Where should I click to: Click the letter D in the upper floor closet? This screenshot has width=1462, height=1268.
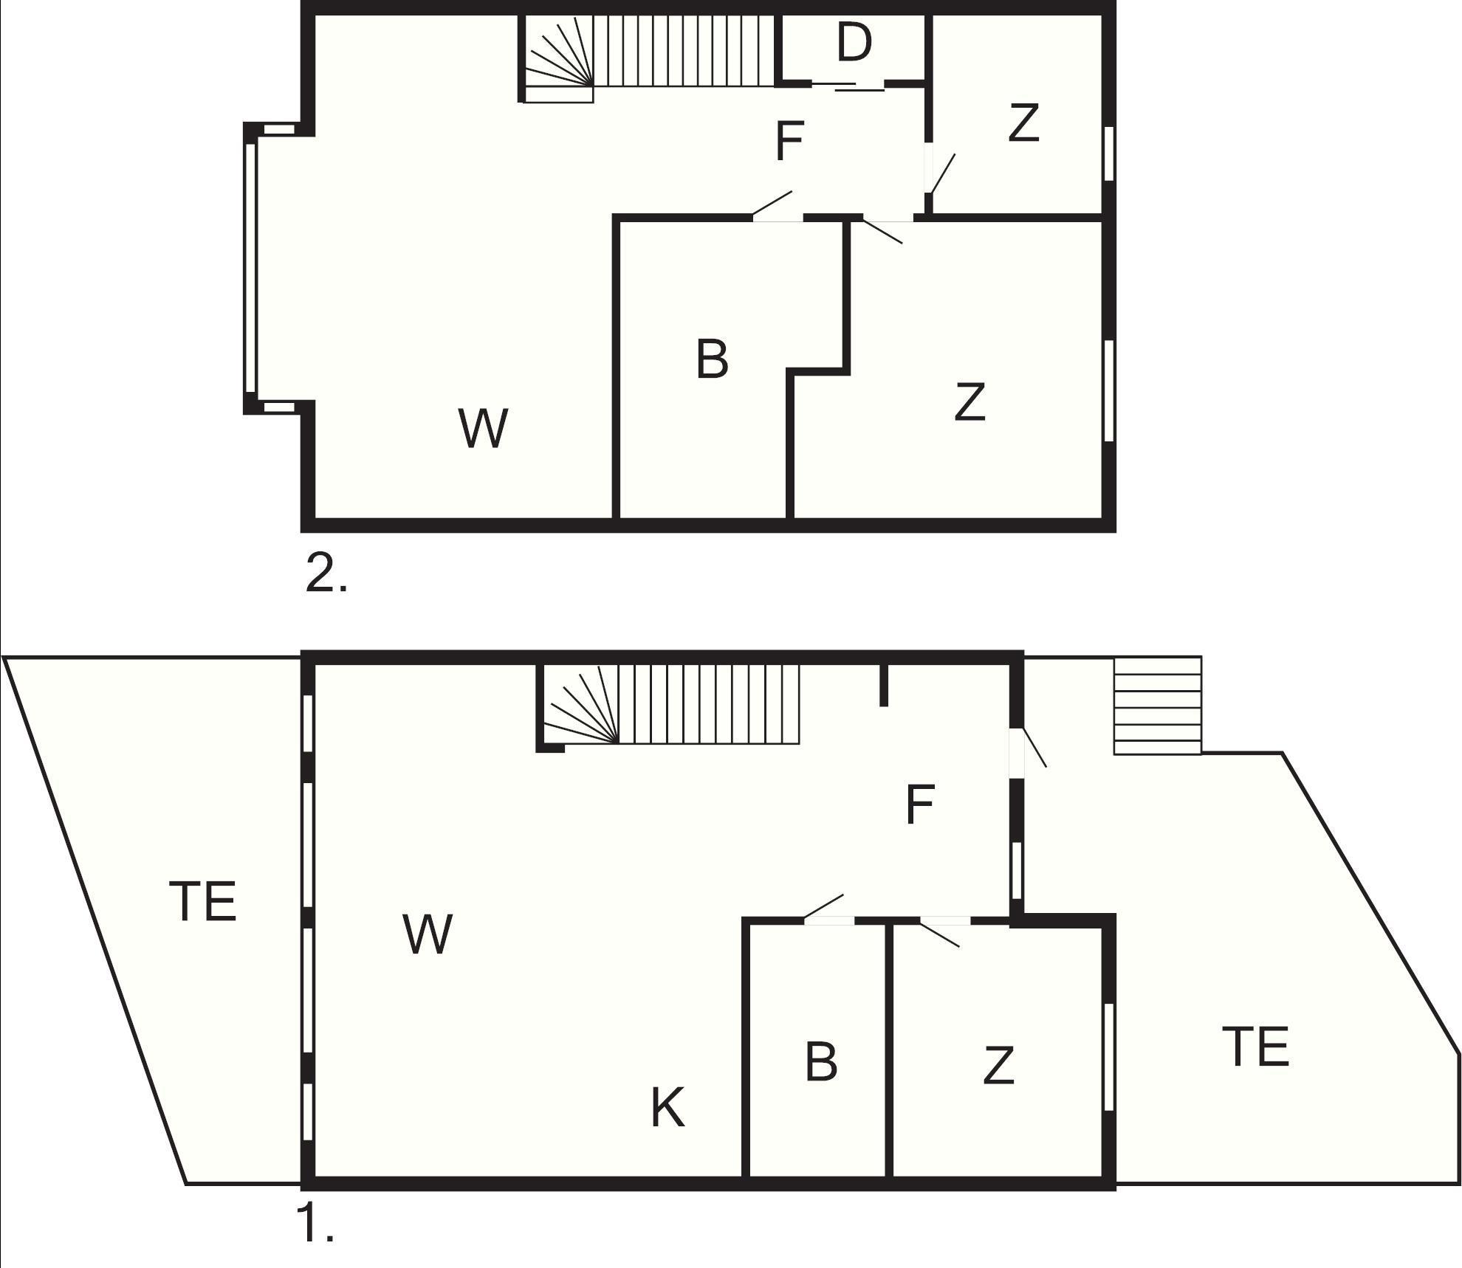tap(854, 42)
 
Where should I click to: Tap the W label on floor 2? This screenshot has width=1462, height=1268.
tap(484, 428)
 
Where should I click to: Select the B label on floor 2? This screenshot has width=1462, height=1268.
tap(712, 359)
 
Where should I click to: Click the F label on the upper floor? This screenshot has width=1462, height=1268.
tap(789, 142)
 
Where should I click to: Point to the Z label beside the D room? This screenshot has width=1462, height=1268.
tap(1023, 123)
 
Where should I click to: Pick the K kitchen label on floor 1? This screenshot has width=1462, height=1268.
tap(667, 1108)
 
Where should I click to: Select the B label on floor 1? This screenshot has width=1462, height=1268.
tap(821, 1061)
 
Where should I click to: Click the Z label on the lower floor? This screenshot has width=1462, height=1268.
tap(998, 1066)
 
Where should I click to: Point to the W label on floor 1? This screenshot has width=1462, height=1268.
tap(428, 934)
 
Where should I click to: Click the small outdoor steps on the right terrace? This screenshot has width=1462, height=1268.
tap(1157, 706)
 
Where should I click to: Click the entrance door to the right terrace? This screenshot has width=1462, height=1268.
tap(1027, 753)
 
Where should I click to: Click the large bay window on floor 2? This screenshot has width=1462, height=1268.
tap(250, 267)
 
